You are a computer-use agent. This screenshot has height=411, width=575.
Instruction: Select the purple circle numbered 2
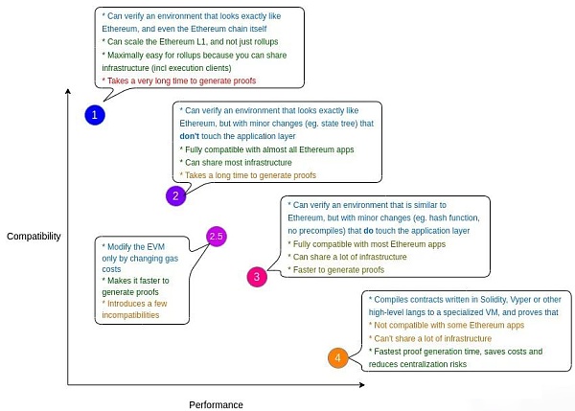tap(174, 195)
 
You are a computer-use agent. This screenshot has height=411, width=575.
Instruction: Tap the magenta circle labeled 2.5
tap(216, 236)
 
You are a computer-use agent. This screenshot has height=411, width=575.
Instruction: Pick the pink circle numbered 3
tap(256, 278)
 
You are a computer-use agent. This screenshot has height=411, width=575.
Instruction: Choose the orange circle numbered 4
tap(336, 358)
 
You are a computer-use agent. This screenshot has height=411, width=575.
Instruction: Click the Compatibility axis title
tap(34, 235)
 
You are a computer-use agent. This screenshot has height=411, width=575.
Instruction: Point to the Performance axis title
tap(216, 404)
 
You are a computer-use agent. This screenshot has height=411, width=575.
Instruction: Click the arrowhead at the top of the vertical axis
tap(68, 91)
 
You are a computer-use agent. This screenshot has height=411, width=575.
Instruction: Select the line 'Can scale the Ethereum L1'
tap(182, 42)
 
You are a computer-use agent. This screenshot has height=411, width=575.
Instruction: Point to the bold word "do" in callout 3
tap(368, 231)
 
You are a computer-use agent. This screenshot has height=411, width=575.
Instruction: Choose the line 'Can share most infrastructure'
tap(236, 163)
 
